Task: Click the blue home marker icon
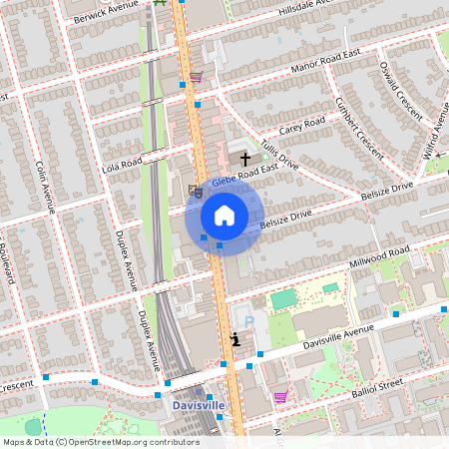tap(224, 216)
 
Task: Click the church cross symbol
tap(244, 159)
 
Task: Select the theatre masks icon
tap(196, 189)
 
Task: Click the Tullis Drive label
tap(279, 153)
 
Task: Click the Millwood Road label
tap(379, 256)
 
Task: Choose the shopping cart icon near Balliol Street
tap(280, 396)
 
